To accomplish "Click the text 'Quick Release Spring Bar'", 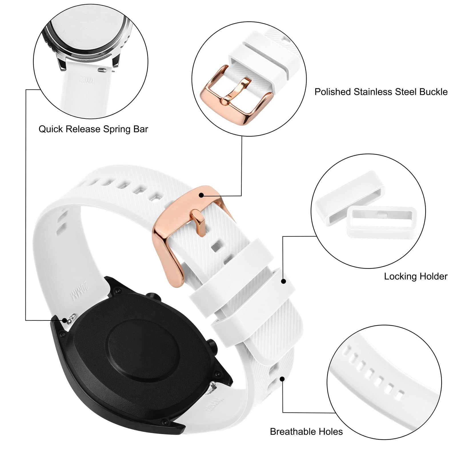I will [93, 129].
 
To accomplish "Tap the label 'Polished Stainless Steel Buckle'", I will [381, 92].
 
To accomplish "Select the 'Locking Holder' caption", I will [415, 276].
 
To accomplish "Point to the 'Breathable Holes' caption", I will [306, 431].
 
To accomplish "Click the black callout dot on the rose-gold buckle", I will [201, 195].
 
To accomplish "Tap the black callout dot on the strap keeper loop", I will [283, 281].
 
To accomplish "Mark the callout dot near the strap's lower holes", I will [282, 379].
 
